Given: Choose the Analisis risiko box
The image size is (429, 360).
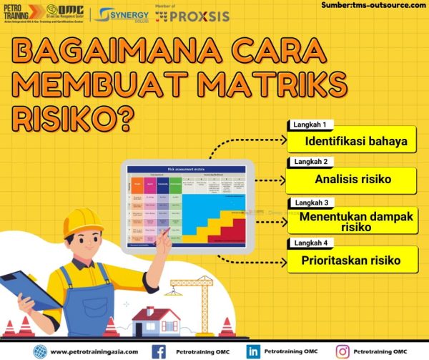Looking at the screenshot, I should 353,179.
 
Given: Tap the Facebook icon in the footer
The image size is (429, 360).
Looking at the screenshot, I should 159,351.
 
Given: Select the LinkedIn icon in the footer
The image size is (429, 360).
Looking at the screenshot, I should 252,351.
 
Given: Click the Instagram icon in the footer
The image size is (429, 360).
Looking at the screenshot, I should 343,351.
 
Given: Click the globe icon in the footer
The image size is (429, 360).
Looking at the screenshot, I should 40,351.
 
